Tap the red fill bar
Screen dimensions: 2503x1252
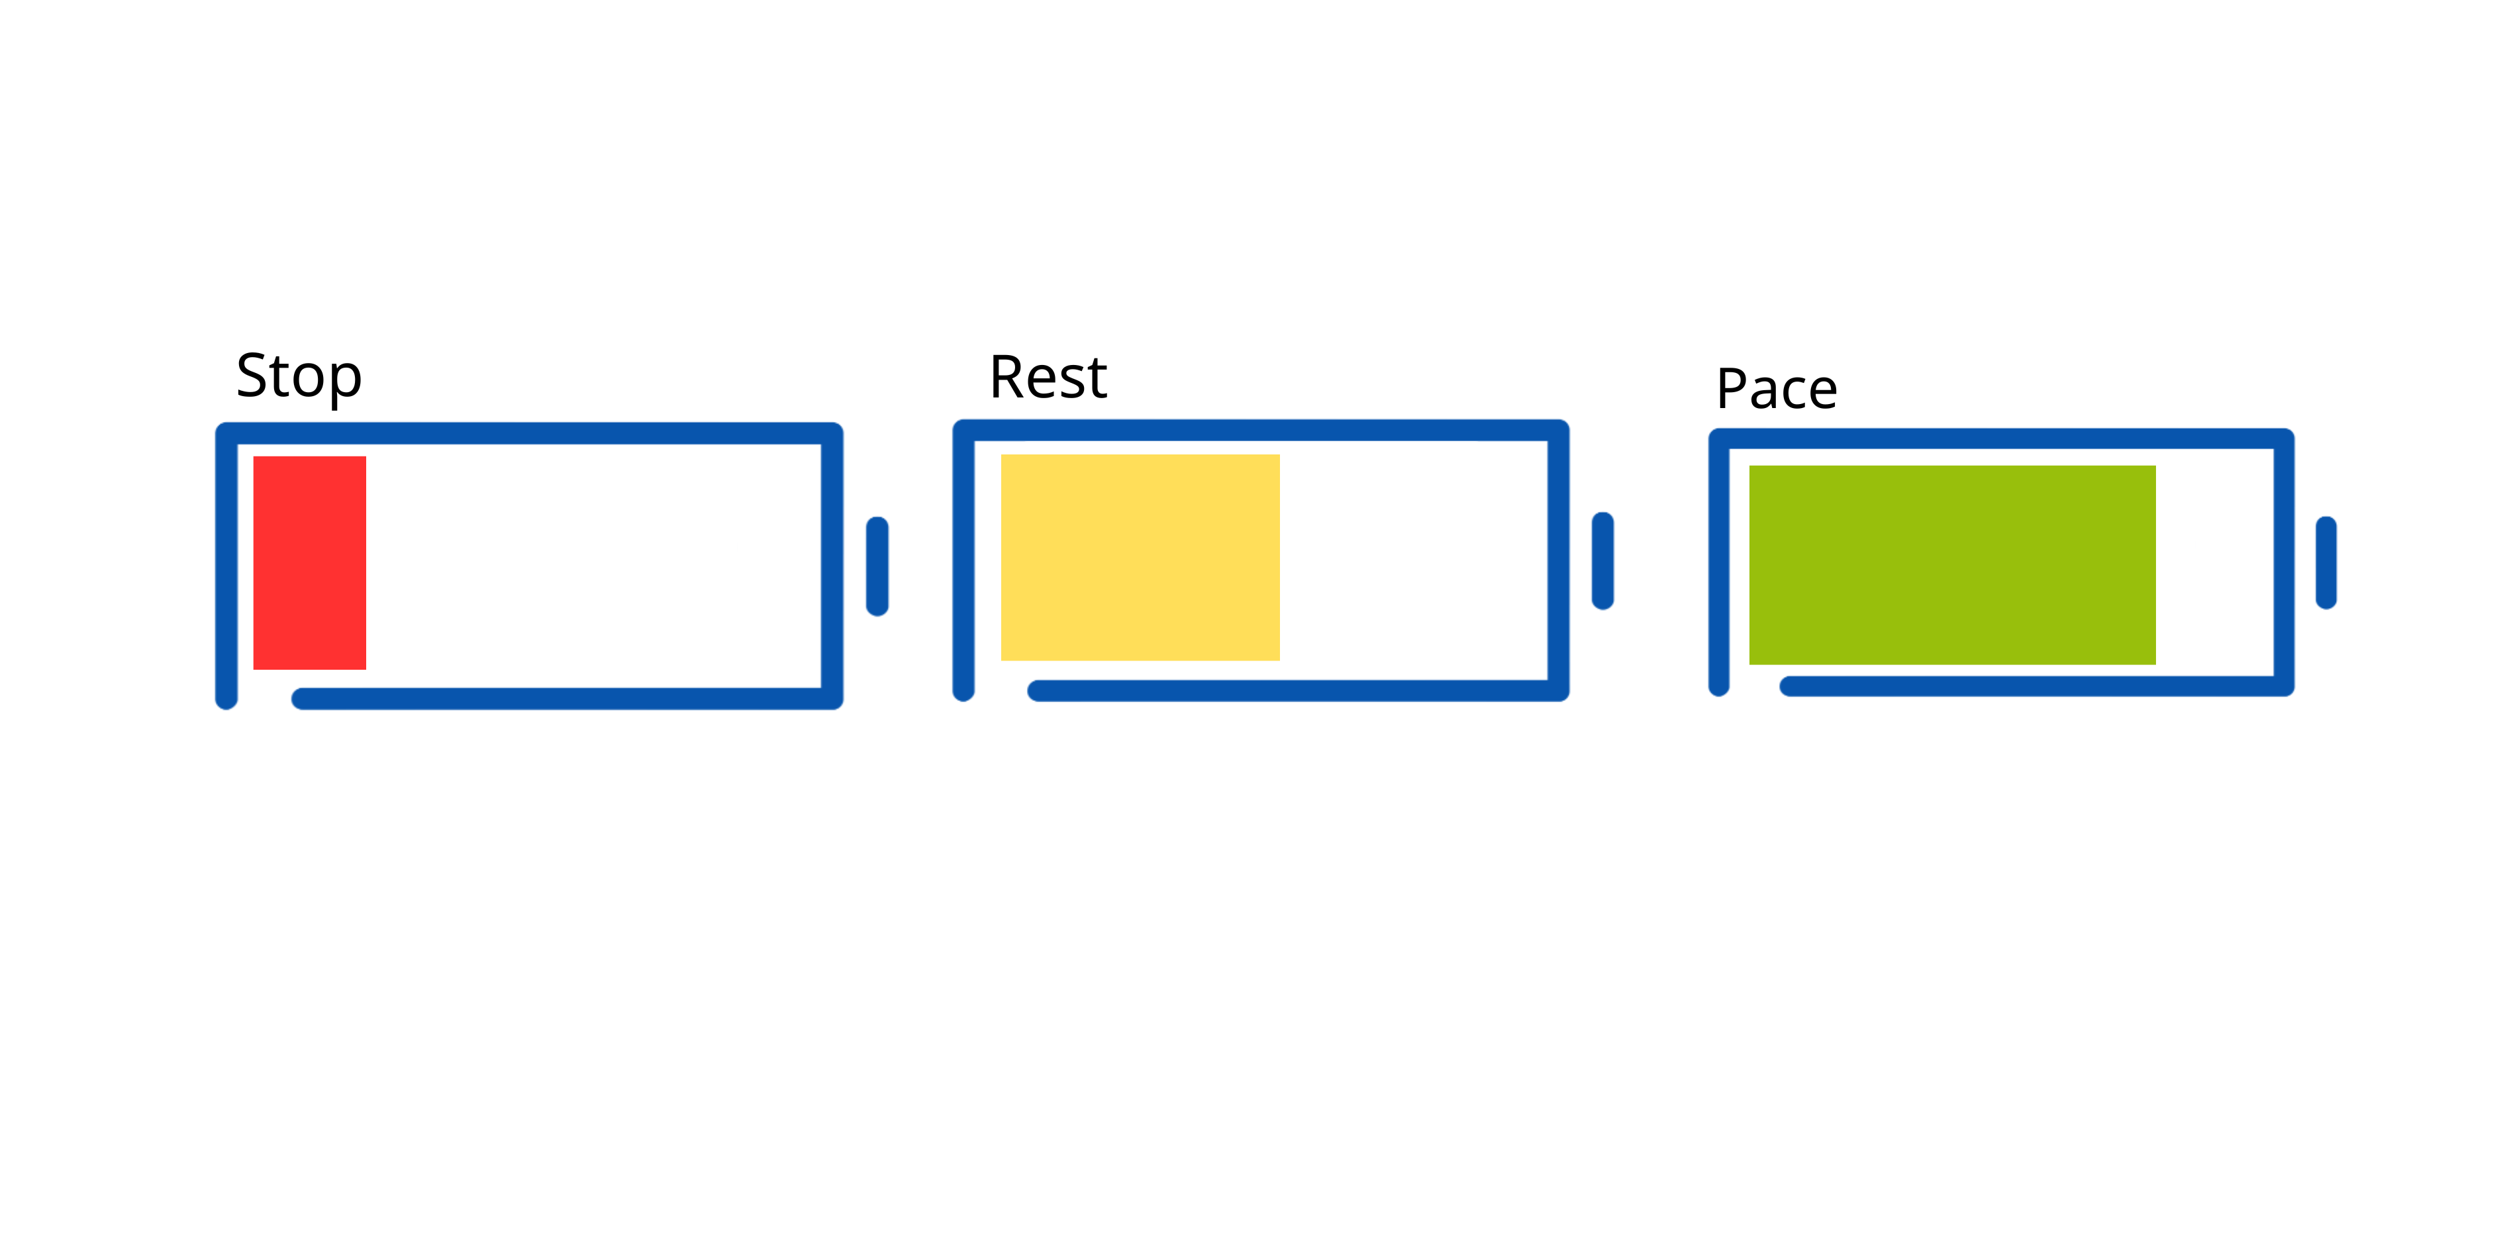coord(310,563)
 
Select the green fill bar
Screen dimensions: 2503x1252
coord(1953,566)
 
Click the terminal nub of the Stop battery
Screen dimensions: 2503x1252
coord(877,566)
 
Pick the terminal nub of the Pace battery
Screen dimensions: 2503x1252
coord(2326,563)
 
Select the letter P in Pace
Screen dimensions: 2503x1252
coord(1732,389)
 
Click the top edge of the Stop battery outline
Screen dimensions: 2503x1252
coord(530,433)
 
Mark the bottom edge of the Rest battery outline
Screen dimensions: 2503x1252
coord(1298,691)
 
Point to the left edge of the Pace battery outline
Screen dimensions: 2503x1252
coord(1719,563)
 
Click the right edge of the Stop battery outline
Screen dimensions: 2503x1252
coord(833,566)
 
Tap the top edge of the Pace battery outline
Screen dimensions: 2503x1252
coord(2002,439)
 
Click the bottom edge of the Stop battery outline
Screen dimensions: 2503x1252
coord(567,699)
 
